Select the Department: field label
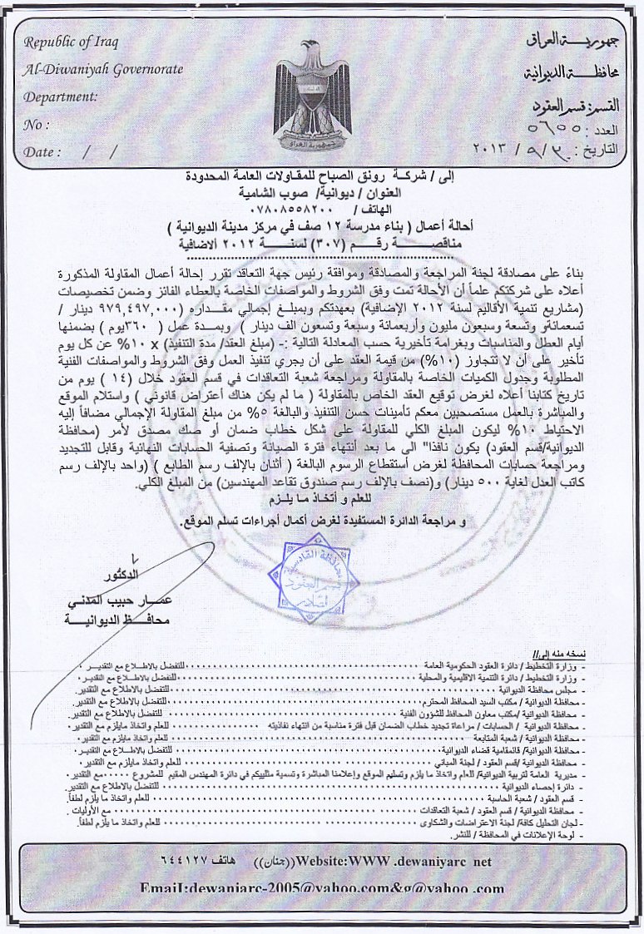[x=61, y=96]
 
